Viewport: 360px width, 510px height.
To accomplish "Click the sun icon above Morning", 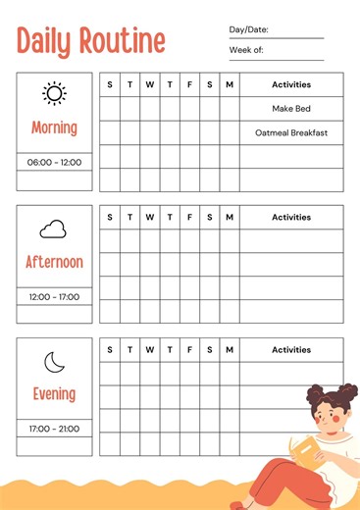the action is point(54,94).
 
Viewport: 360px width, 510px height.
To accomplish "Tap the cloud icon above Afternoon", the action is point(53,229).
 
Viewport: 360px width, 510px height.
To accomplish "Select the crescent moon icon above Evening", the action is point(54,363).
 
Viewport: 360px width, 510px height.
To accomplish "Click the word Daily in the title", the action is point(46,40).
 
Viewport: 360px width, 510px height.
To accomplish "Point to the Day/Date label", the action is point(248,30).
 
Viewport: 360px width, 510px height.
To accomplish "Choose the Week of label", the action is point(245,49).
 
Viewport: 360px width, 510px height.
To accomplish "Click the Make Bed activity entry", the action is point(291,109).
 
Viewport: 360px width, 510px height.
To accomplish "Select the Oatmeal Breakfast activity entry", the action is point(291,132).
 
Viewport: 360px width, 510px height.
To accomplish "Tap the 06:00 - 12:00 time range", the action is point(54,162).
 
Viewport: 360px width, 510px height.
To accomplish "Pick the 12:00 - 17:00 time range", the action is point(54,296).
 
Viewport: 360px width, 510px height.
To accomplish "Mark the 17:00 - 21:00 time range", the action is point(54,429).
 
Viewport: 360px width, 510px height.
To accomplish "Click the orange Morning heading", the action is point(54,127).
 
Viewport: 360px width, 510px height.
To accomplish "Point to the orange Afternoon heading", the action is point(54,262).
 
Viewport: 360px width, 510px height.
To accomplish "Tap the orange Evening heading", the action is point(54,394).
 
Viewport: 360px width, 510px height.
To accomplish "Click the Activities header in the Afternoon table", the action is point(291,217).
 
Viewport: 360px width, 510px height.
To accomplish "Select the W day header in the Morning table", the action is point(149,84).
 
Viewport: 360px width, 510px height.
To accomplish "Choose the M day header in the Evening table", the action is point(230,349).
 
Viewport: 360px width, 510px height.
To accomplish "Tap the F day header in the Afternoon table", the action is point(189,217).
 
